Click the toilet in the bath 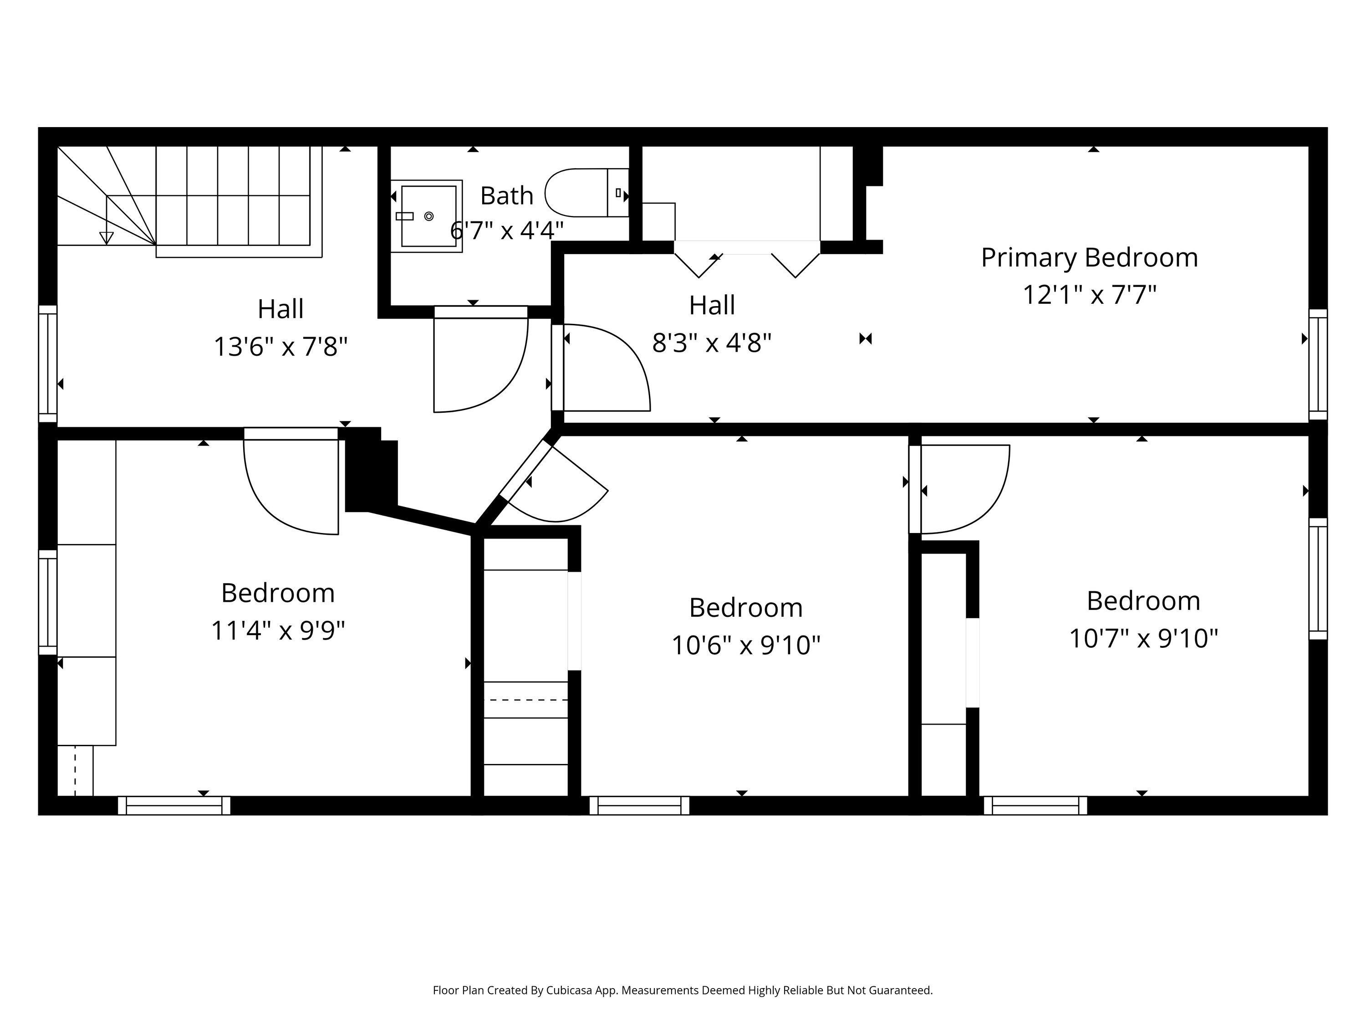[x=584, y=193]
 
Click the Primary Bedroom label [x=1089, y=258]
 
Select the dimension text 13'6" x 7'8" [x=280, y=347]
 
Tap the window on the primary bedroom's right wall [x=1317, y=364]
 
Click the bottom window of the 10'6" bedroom [x=639, y=805]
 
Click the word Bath [x=506, y=196]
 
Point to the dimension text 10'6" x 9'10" [x=745, y=646]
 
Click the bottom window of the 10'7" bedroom [x=1035, y=805]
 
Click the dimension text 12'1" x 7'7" [x=1089, y=295]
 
